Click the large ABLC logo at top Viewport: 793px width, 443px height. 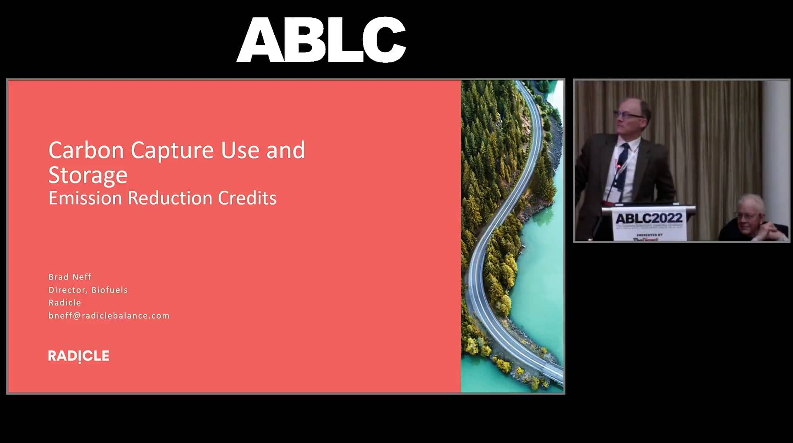(321, 40)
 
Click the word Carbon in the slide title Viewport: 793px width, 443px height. (86, 150)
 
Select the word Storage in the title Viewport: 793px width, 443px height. (88, 176)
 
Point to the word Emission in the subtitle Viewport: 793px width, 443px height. (85, 198)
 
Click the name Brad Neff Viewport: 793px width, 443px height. (70, 277)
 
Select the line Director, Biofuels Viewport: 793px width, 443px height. (88, 290)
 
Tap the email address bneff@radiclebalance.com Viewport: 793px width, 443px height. (109, 316)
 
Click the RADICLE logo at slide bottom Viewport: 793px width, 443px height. (78, 356)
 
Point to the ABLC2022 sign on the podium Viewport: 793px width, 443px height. (649, 218)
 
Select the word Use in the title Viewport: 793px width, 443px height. (239, 150)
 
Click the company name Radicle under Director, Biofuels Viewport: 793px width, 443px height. (65, 302)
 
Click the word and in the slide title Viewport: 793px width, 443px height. (285, 150)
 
